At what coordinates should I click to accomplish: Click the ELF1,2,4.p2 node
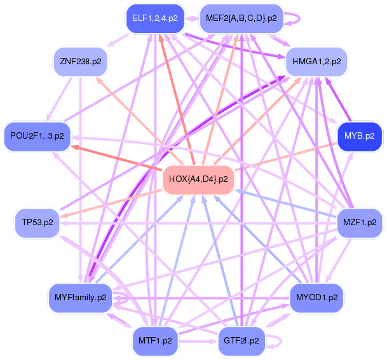[x=156, y=18]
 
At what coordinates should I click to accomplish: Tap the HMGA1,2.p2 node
[x=317, y=62]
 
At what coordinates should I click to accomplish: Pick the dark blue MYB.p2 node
[x=360, y=135]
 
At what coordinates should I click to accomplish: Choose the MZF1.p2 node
[x=359, y=223]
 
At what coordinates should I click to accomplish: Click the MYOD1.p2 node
[x=316, y=297]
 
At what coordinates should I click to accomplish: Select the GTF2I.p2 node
[x=241, y=340]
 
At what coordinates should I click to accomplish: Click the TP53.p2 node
[x=37, y=223]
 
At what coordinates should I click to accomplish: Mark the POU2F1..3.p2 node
[x=37, y=136]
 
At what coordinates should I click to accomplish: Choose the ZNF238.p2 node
[x=80, y=62]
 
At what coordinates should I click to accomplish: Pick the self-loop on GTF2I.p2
[x=275, y=342]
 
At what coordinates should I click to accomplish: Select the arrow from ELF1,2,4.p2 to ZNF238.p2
[x=120, y=38]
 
